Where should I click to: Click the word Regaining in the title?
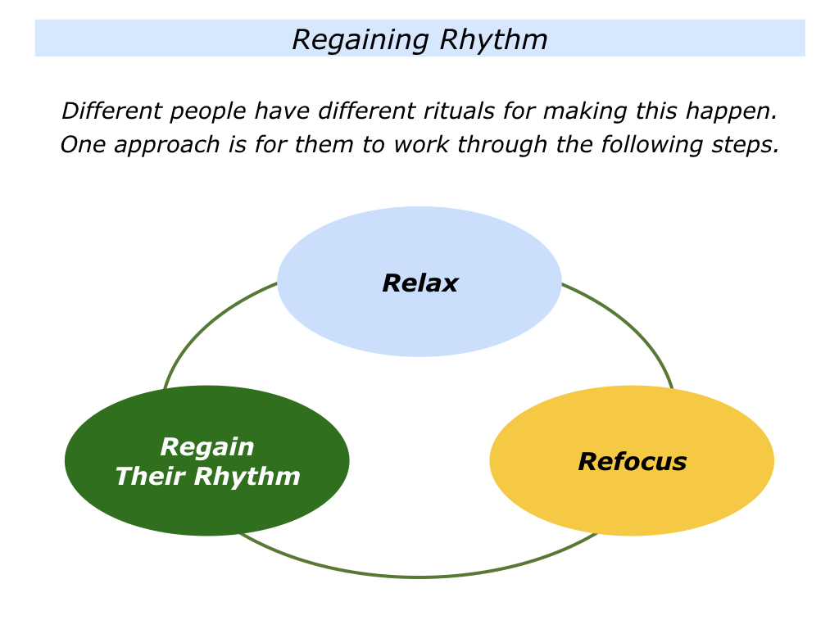pyautogui.click(x=361, y=41)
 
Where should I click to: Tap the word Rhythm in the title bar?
pyautogui.click(x=494, y=41)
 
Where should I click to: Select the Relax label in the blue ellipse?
pyautogui.click(x=420, y=283)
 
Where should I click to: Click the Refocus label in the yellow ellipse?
pyautogui.click(x=632, y=462)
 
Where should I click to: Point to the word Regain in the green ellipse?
pyautogui.click(x=207, y=447)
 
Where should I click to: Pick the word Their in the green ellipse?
pyautogui.click(x=151, y=476)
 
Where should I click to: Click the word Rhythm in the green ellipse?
pyautogui.click(x=247, y=477)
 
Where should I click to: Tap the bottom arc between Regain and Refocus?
pyautogui.click(x=418, y=576)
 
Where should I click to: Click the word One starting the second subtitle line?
pyautogui.click(x=83, y=145)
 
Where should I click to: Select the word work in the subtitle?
pyautogui.click(x=421, y=145)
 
